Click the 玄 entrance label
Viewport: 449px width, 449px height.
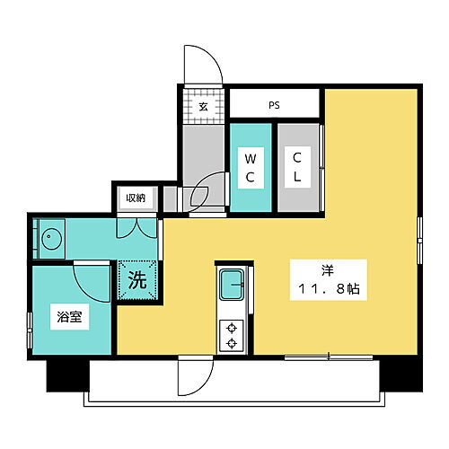pos(203,106)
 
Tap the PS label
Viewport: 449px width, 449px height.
pos(274,104)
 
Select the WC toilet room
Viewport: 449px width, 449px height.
pos(251,167)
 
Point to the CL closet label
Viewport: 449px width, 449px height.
pos(297,167)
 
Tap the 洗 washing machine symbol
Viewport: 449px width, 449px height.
pos(137,278)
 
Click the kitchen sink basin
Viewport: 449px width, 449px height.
pos(234,286)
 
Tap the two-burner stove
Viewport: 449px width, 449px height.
pos(233,335)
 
